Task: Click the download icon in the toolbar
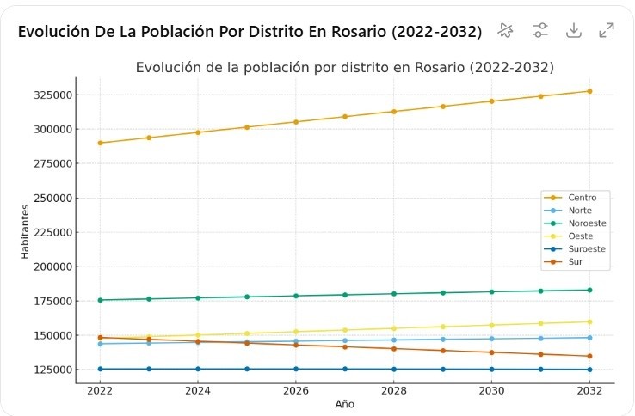pyautogui.click(x=573, y=30)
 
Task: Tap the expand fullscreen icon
pyautogui.click(x=607, y=30)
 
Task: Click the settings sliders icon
pyautogui.click(x=539, y=30)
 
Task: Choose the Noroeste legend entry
pyautogui.click(x=587, y=223)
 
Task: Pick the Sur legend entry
pyautogui.click(x=576, y=262)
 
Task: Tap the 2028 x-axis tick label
pyautogui.click(x=394, y=391)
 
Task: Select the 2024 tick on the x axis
pyautogui.click(x=198, y=391)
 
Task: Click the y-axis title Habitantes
pyautogui.click(x=25, y=230)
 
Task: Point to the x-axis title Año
pyautogui.click(x=344, y=404)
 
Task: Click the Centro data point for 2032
pyautogui.click(x=589, y=91)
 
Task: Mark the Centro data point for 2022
pyautogui.click(x=100, y=143)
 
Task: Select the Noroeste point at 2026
pyautogui.click(x=296, y=296)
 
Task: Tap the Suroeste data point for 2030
pyautogui.click(x=491, y=370)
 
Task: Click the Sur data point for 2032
pyautogui.click(x=589, y=356)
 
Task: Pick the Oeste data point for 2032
pyautogui.click(x=589, y=321)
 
